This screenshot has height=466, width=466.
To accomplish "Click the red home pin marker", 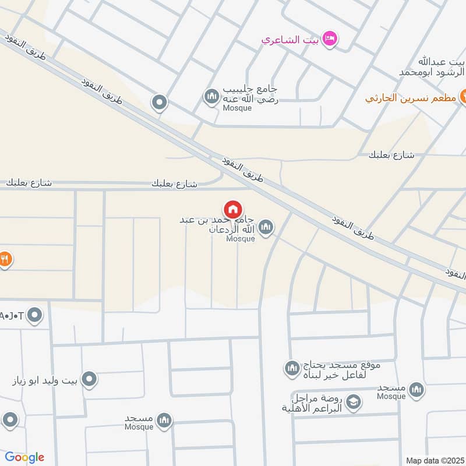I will click(233, 210).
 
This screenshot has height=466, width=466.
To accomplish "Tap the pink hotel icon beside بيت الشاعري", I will click(329, 39).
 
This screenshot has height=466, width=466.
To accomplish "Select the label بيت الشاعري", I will click(288, 40).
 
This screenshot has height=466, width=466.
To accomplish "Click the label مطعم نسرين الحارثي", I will click(411, 97).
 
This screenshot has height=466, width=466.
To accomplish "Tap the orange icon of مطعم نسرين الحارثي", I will click(464, 97).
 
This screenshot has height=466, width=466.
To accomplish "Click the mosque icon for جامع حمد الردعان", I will click(266, 227).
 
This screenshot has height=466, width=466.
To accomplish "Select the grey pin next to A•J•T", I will click(36, 316).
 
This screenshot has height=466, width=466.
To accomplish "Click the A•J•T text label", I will click(12, 316).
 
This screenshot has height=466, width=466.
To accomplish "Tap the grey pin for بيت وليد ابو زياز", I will click(89, 380).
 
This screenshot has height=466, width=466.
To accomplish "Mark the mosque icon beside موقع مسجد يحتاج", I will click(291, 368).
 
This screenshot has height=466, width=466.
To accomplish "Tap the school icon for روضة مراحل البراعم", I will click(353, 401).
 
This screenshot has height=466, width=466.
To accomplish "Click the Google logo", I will click(24, 457).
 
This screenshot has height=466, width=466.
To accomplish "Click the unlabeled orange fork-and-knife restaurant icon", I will click(5, 259).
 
